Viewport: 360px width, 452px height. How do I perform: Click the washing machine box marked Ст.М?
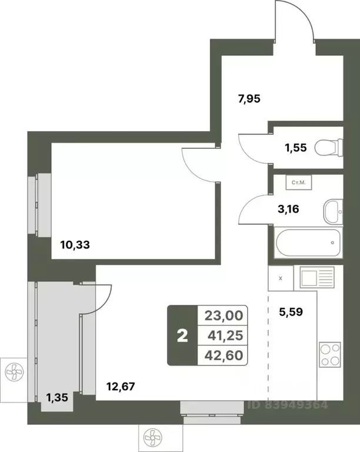coord(299,183)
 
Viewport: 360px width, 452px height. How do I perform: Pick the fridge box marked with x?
coord(280,278)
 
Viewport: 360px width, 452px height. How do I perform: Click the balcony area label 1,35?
coord(58,397)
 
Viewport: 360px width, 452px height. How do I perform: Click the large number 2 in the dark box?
coord(182,336)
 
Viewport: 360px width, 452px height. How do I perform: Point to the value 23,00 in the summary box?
coord(223,315)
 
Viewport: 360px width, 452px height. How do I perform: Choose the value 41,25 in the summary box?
coord(223,335)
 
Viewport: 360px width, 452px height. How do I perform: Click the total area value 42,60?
coord(223,355)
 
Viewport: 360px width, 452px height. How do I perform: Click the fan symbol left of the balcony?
coord(12,373)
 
